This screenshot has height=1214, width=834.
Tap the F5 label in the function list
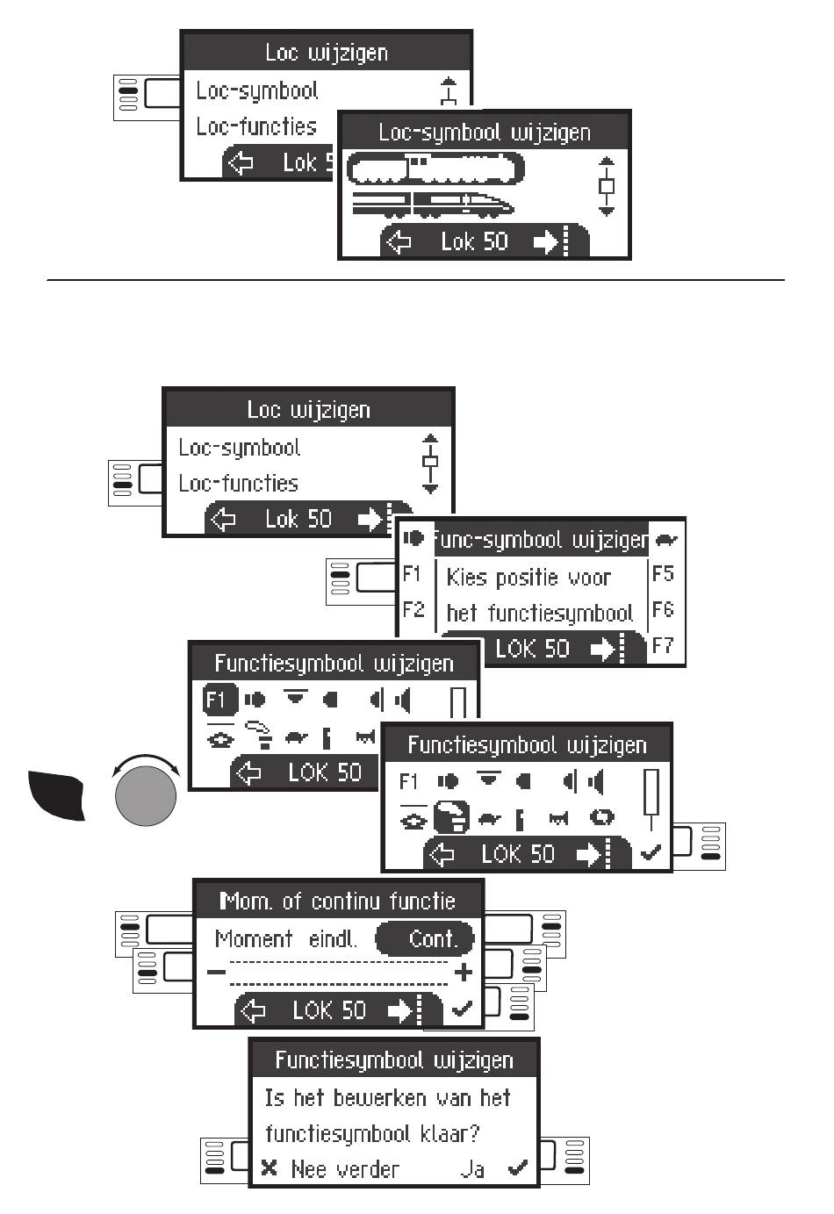pos(663,574)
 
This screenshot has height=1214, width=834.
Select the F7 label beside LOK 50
pos(663,646)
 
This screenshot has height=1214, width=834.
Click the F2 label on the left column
pos(413,609)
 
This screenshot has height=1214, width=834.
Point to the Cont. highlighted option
pos(425,938)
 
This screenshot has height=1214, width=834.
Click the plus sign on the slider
pos(464,972)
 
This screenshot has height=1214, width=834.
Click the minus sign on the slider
pos(215,972)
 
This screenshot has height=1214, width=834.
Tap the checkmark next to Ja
pos(518,1168)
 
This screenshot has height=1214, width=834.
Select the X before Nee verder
pos(270,1168)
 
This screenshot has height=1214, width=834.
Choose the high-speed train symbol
pos(433,205)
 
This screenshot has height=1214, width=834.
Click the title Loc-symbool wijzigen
pos(485,133)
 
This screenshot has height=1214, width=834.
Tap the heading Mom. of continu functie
pos(338,901)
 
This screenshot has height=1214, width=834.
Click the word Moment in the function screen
pos(254,938)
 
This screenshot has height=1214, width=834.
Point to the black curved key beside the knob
pos(56,793)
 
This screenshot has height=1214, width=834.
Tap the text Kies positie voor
pos(528,578)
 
